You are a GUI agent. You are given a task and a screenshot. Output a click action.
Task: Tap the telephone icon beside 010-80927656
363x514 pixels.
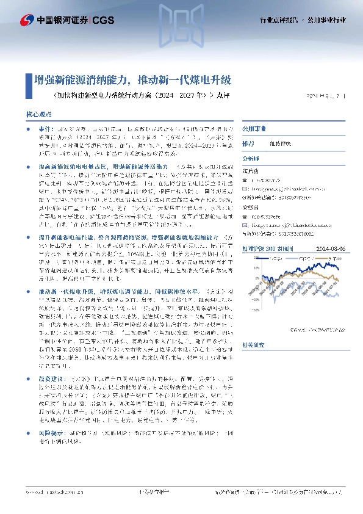coord(246,208)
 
